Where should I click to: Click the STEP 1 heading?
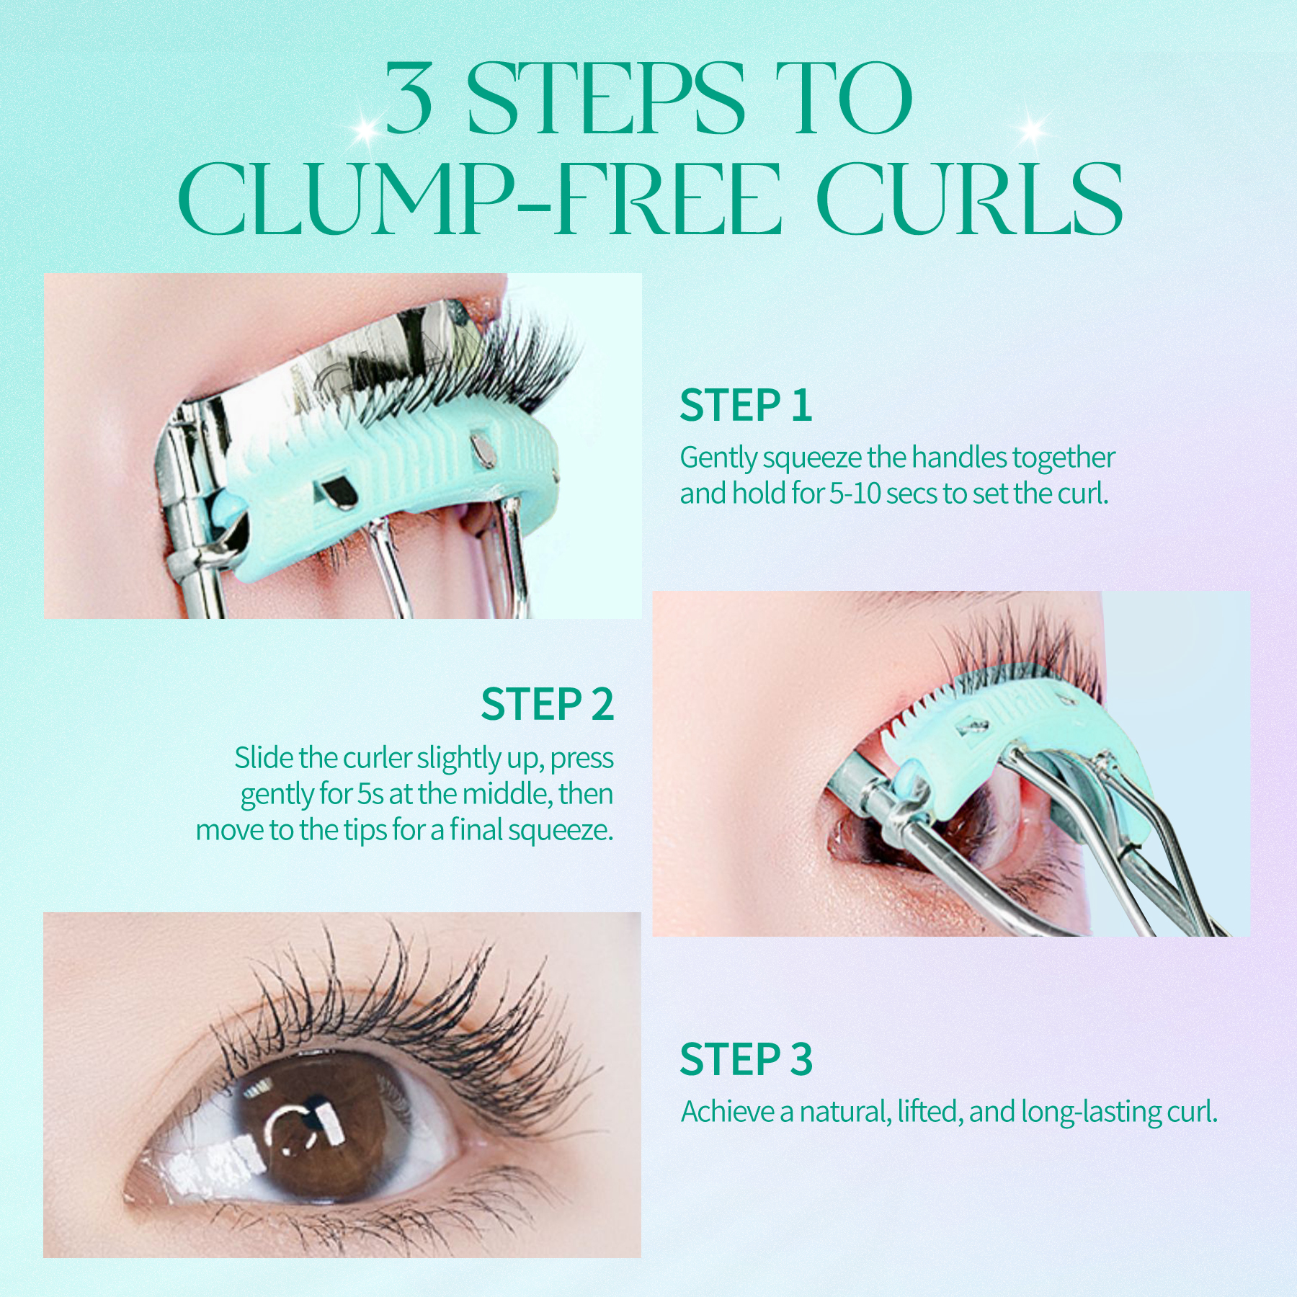coord(746,406)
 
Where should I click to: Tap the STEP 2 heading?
coord(547,705)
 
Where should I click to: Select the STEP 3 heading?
coord(746,1060)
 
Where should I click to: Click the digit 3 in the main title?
coord(409,99)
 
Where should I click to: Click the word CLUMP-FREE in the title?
coord(479,199)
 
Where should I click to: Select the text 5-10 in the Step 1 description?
coord(855,494)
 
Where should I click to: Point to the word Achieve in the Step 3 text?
coord(728,1112)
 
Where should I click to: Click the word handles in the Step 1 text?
coord(961,458)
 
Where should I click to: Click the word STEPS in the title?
coord(605,99)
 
